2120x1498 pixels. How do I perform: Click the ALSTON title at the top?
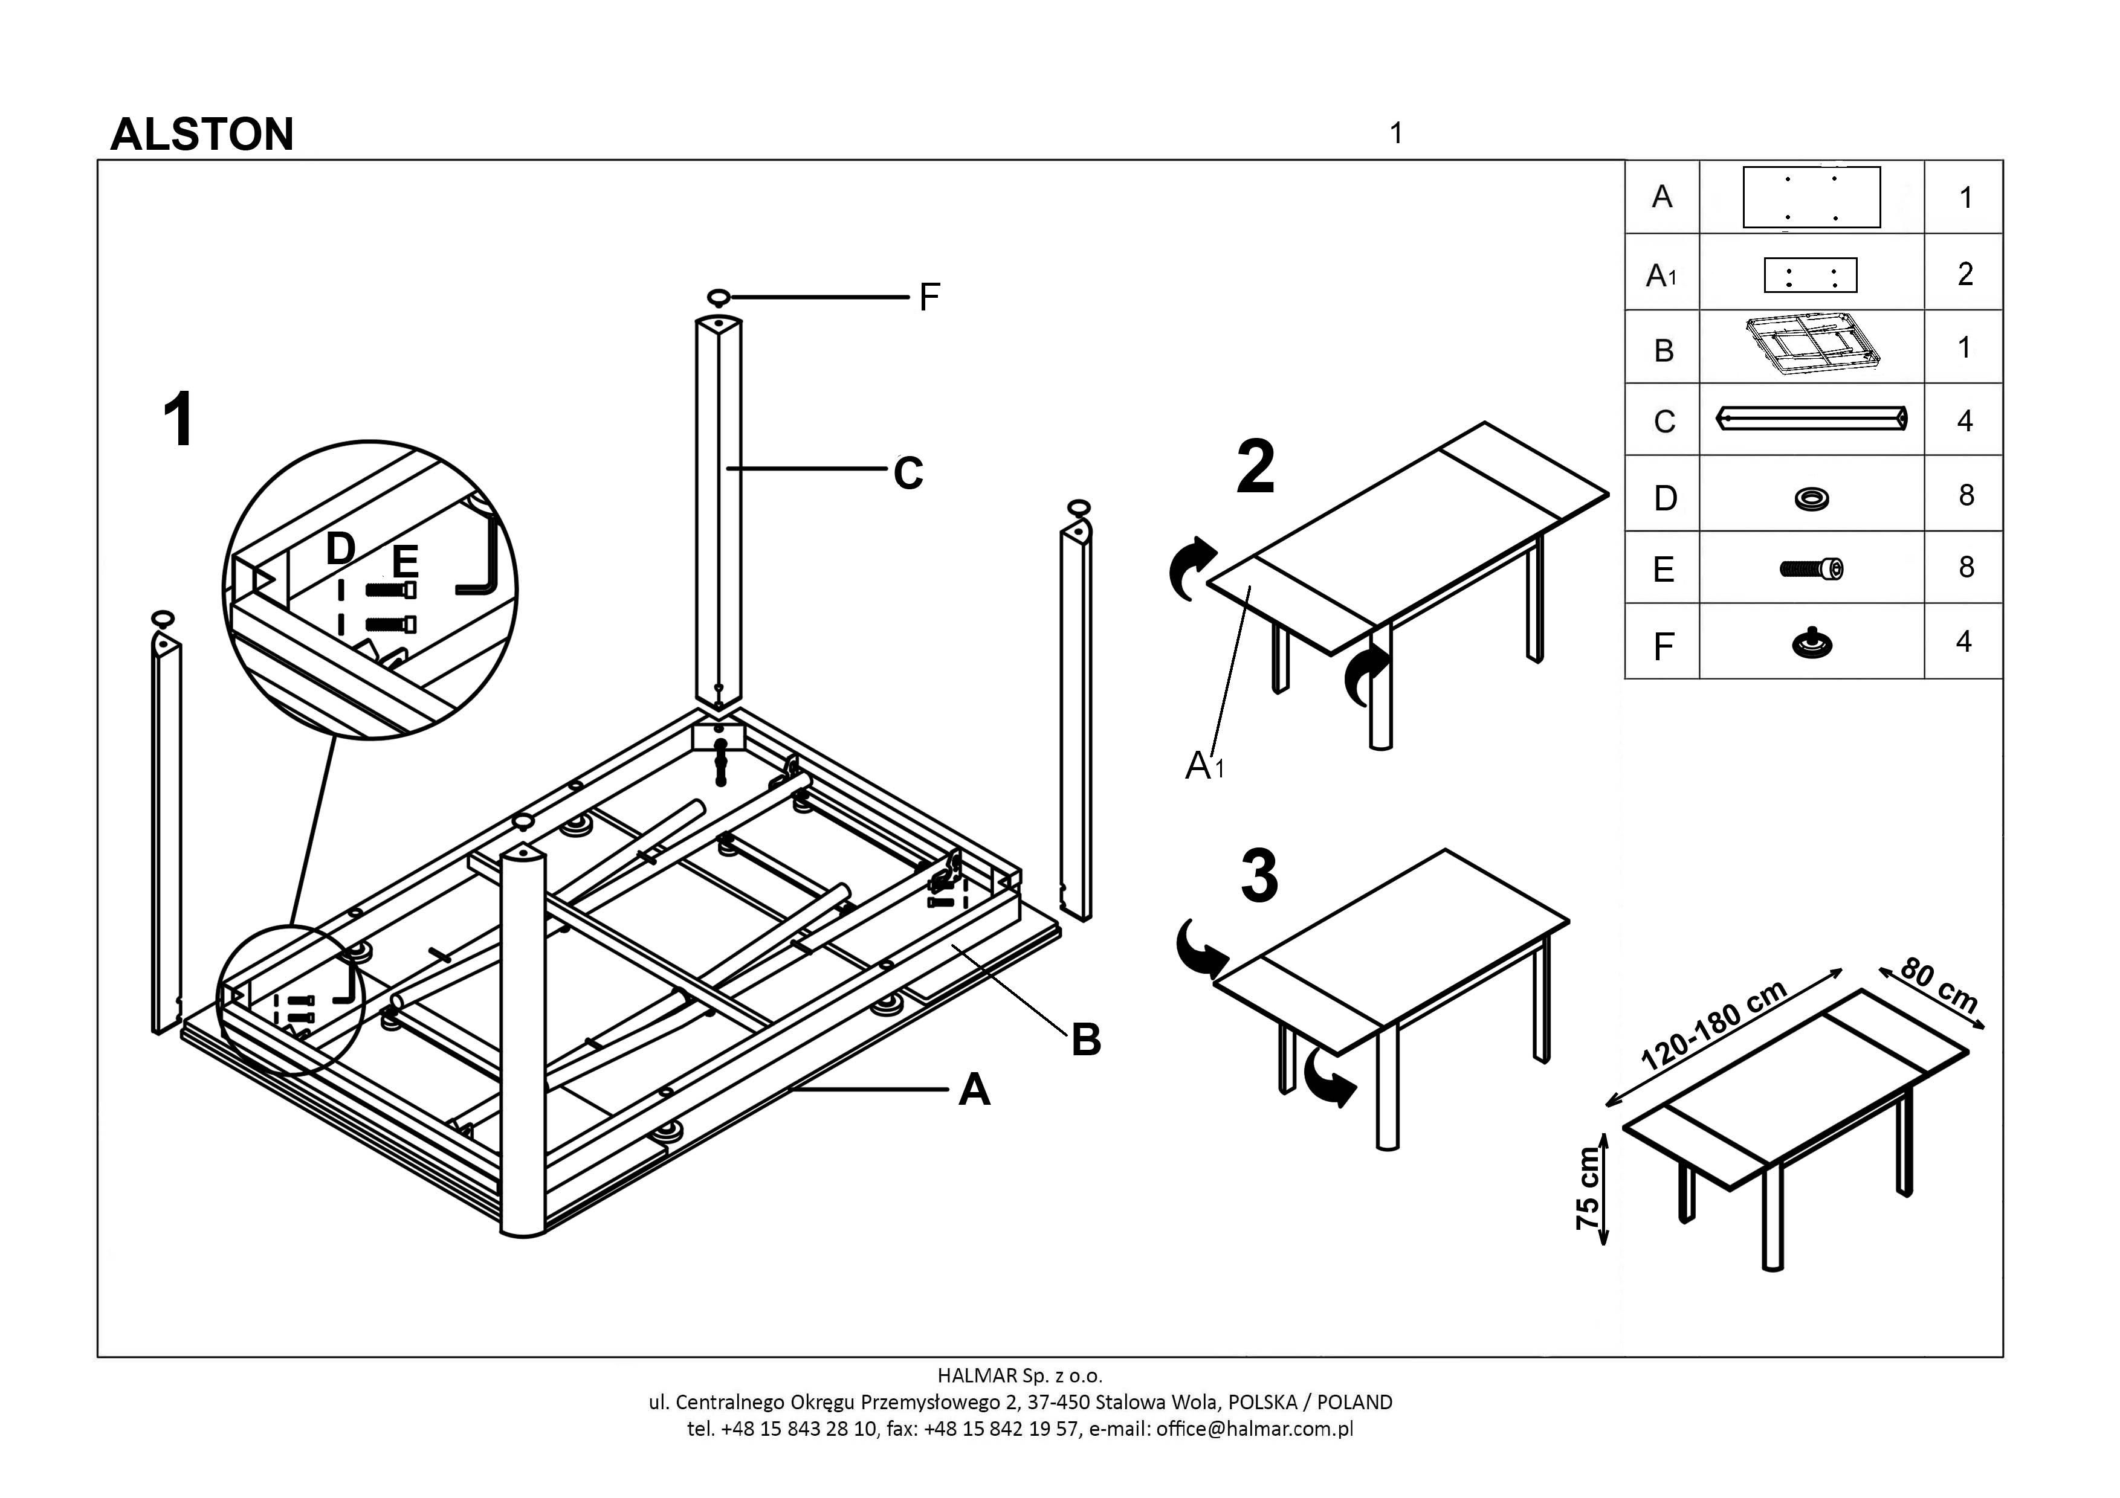[201, 135]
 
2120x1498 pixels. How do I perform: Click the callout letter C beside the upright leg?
[908, 474]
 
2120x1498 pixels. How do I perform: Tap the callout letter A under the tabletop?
[974, 1091]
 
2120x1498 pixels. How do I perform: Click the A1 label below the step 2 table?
[1204, 765]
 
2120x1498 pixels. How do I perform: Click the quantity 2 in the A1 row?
[1965, 274]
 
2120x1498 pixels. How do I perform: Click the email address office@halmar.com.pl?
[1254, 1429]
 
